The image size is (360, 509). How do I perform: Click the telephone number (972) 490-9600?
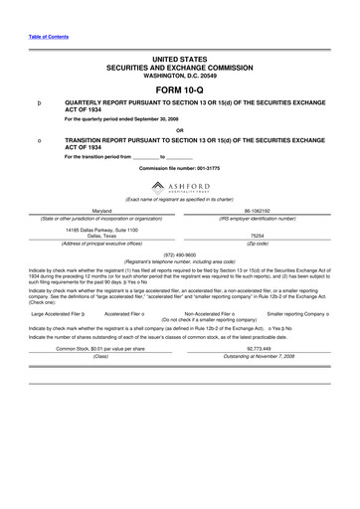[179, 253]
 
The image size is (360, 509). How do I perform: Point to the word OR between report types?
[179, 129]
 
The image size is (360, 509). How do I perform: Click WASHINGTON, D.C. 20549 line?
[179, 75]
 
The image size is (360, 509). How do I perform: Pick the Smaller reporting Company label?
[297, 312]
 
